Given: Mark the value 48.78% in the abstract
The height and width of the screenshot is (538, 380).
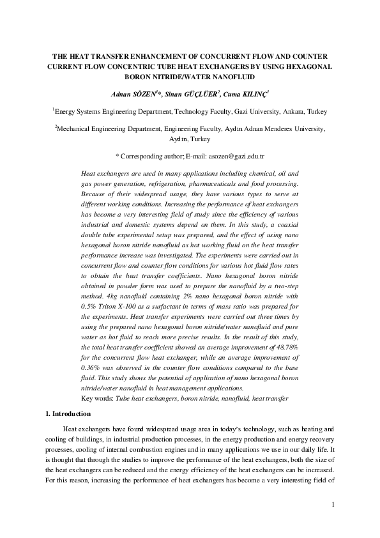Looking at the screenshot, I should (x=285, y=346).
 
